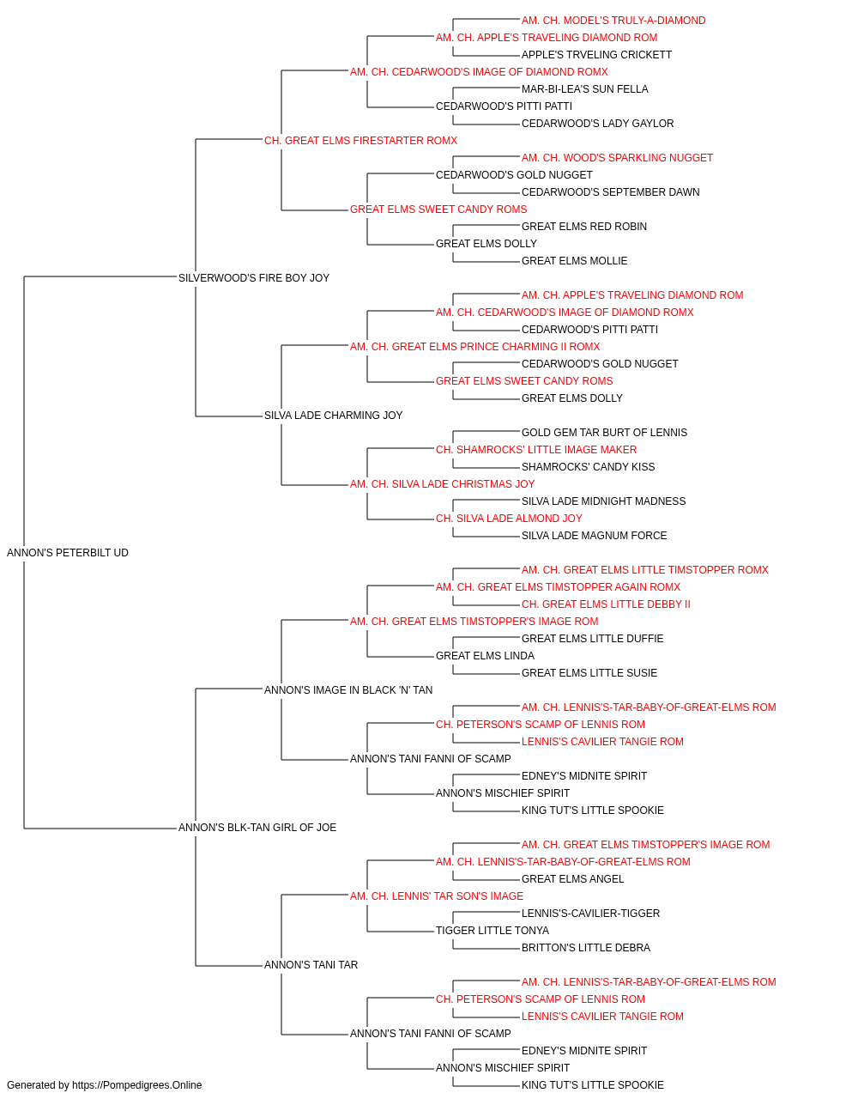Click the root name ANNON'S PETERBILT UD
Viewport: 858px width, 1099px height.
(68, 553)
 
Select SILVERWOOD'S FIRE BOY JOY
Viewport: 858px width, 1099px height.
(254, 278)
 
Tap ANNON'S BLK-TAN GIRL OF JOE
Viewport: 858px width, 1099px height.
(257, 828)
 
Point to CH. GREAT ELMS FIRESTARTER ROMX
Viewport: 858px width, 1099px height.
(360, 141)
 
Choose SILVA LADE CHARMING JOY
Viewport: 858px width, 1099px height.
(334, 416)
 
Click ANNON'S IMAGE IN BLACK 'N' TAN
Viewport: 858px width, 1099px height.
(348, 689)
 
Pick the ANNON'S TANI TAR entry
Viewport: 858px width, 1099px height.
(311, 964)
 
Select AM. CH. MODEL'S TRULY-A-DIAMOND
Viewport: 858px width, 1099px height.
(613, 21)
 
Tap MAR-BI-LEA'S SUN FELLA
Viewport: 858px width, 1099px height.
(584, 89)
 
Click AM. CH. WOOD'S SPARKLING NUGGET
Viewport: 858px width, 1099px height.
(617, 158)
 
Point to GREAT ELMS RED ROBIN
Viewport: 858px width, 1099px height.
(584, 227)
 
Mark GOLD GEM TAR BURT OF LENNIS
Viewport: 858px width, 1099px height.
(604, 433)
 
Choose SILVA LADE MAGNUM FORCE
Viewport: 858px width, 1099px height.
(595, 536)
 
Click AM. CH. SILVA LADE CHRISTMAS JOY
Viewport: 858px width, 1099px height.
(442, 484)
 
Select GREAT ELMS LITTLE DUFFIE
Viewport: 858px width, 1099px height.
(592, 639)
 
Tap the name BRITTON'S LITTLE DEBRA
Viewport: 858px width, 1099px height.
(586, 948)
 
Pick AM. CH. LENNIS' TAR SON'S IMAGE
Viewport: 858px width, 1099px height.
(437, 896)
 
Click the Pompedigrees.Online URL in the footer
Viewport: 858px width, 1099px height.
(137, 1085)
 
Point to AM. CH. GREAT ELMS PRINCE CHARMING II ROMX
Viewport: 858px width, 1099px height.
(475, 346)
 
